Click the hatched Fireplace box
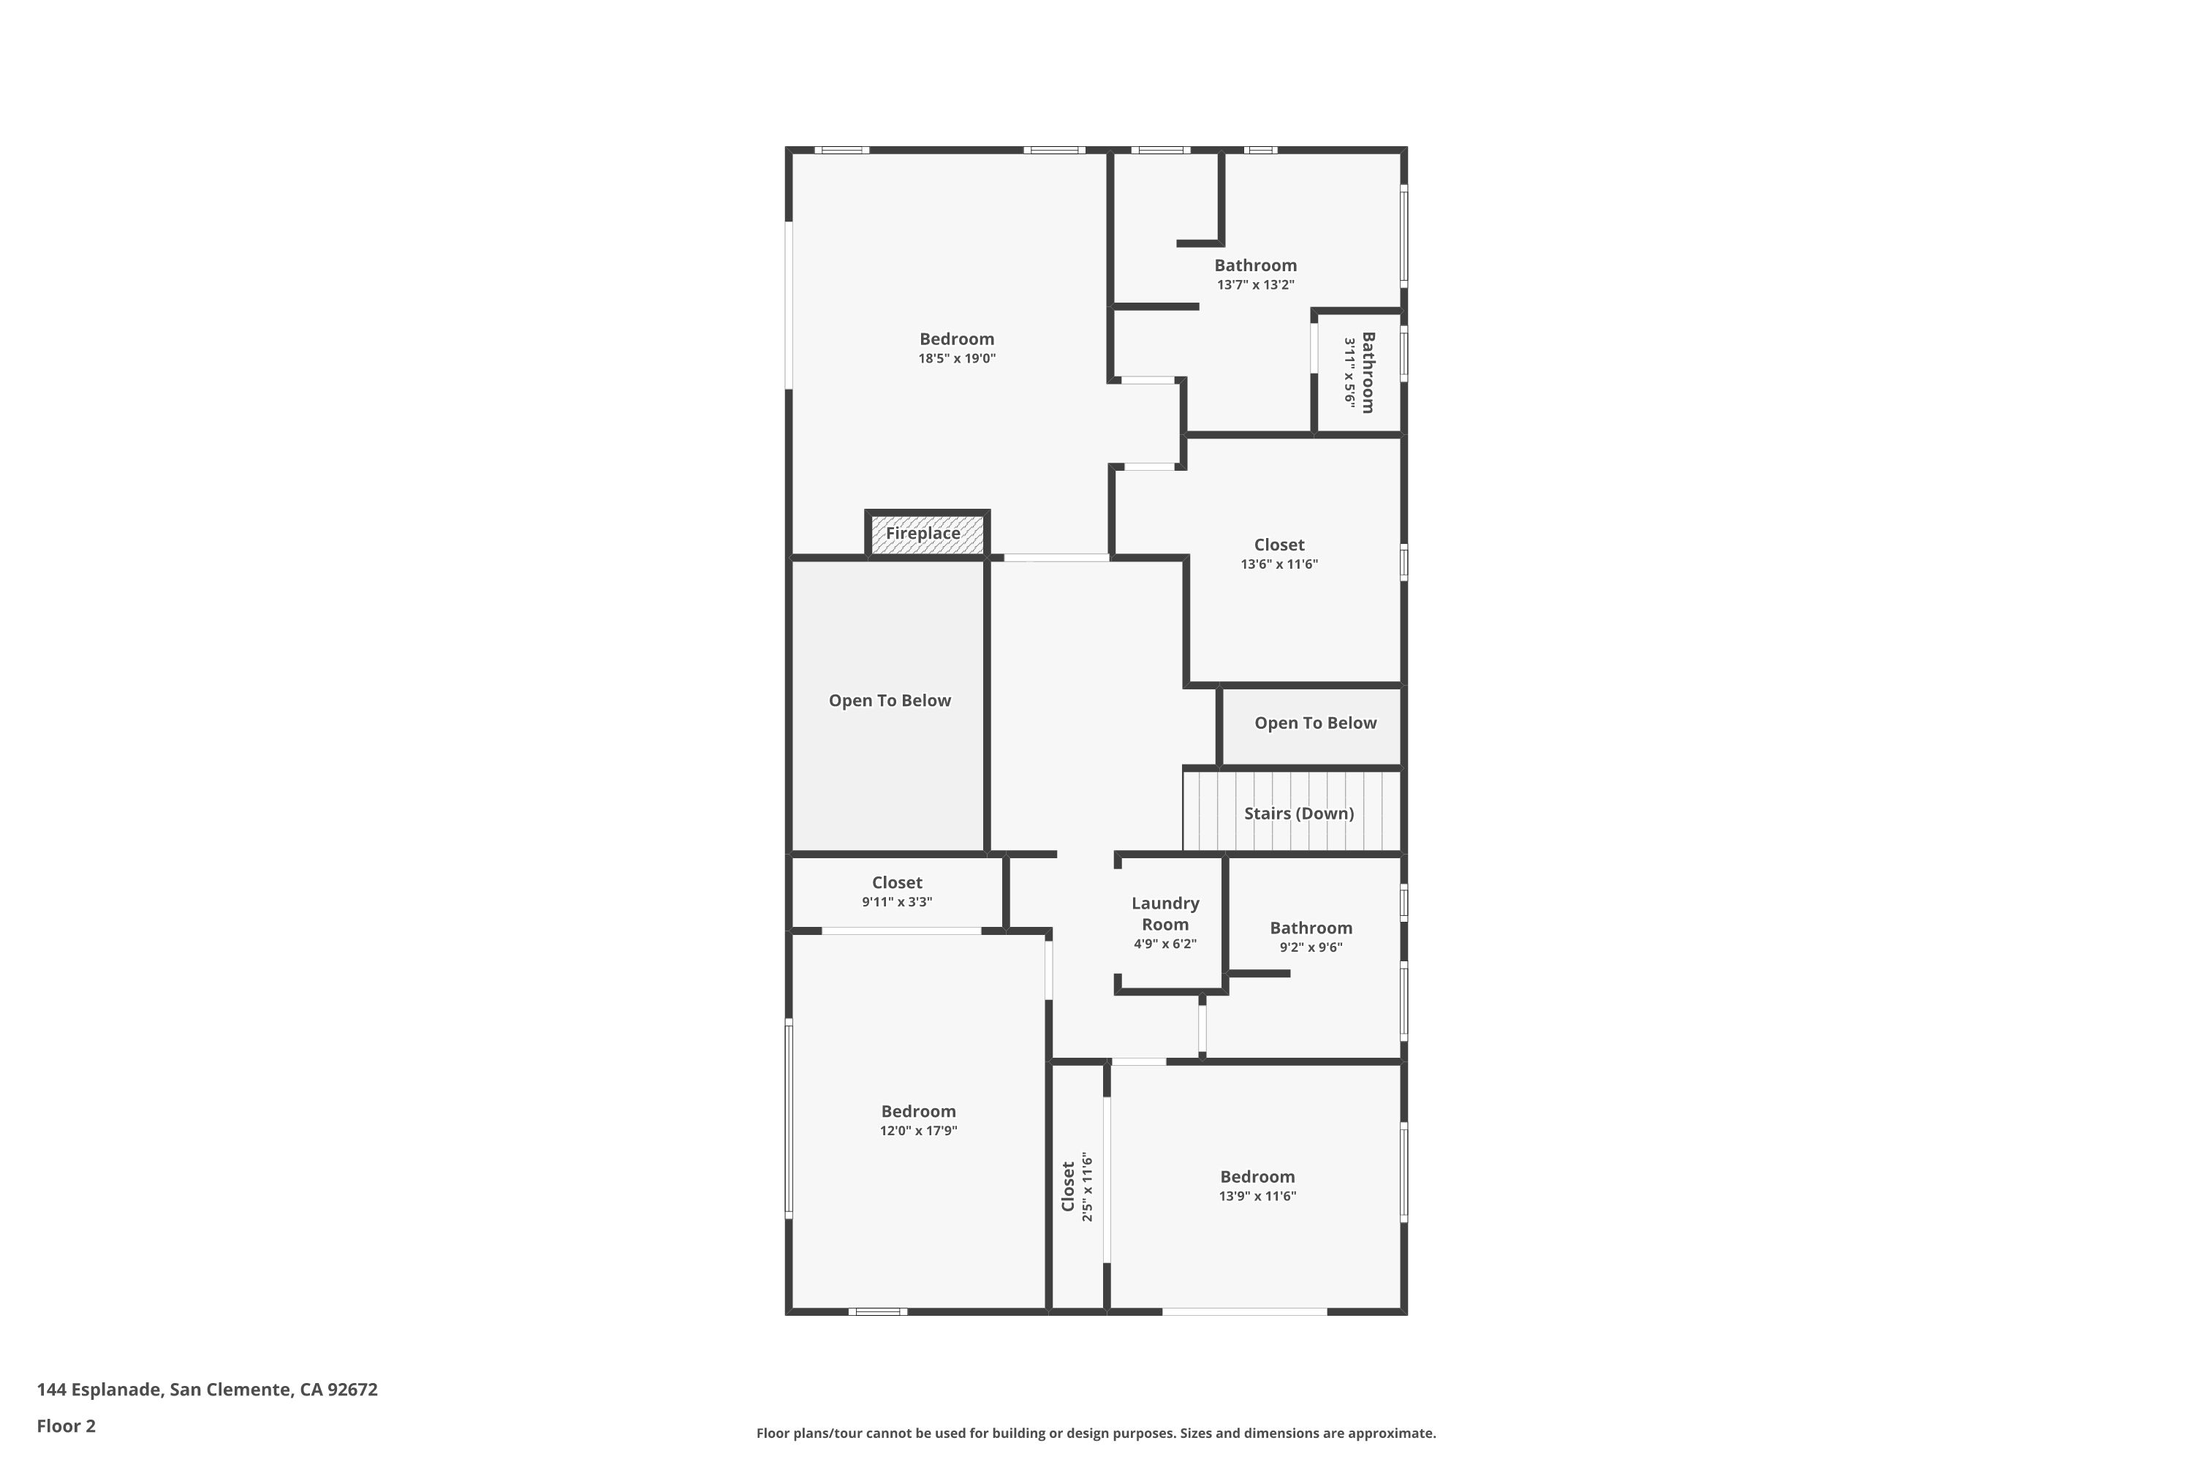click(x=926, y=535)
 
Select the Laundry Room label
click(x=1164, y=914)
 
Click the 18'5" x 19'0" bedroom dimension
click(x=957, y=359)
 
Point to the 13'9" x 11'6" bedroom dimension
click(x=1257, y=1196)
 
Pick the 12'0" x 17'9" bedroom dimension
click(x=918, y=1131)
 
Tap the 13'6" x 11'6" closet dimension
click(x=1279, y=564)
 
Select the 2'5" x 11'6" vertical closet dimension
click(x=1087, y=1187)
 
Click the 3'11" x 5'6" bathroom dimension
click(x=1349, y=372)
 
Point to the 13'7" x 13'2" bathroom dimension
click(x=1255, y=285)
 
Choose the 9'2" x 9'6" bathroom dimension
click(x=1310, y=947)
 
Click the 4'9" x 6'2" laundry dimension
click(x=1164, y=944)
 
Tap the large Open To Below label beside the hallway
click(x=890, y=701)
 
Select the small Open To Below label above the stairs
click(x=1314, y=724)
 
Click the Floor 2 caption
click(x=67, y=1425)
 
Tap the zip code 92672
click(x=352, y=1390)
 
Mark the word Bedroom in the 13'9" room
click(x=1257, y=1177)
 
